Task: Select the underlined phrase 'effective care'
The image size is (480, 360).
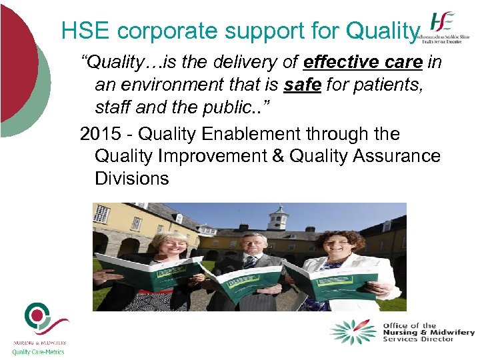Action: tap(362, 63)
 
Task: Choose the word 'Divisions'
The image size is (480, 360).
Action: tap(132, 179)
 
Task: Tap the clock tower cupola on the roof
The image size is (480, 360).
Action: tap(277, 217)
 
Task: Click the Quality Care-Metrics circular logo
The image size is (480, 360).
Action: tap(38, 319)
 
